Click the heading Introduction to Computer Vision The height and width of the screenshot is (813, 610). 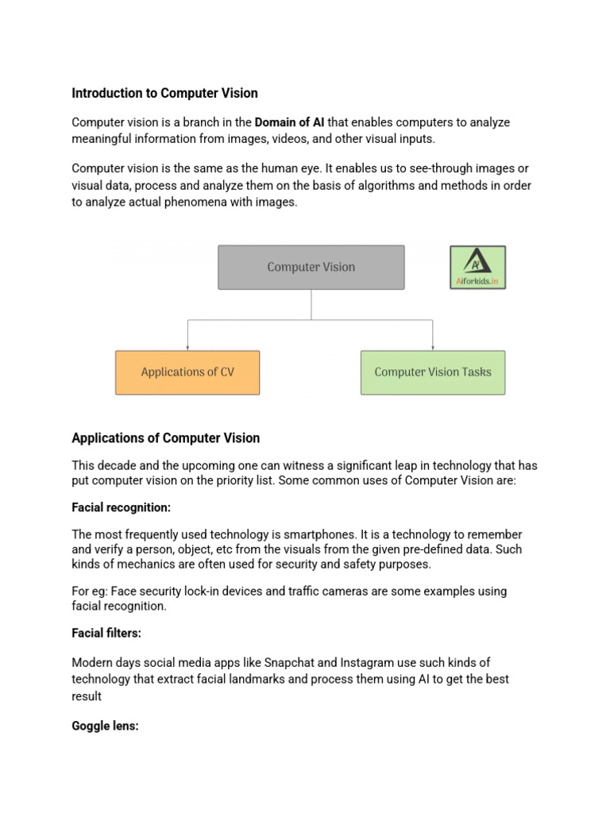[x=164, y=93]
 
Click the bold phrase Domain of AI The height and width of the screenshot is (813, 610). [x=289, y=122]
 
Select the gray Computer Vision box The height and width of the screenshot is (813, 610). [x=311, y=267]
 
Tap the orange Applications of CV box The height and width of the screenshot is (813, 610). [x=187, y=372]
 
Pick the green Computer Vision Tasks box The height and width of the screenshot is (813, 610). [x=432, y=372]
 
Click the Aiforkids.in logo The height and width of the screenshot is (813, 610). [x=477, y=267]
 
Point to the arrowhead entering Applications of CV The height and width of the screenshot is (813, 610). [x=187, y=347]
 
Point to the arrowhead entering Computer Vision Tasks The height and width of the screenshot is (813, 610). [x=432, y=347]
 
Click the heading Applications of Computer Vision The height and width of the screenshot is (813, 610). [x=165, y=438]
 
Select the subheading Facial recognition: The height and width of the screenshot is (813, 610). [x=122, y=507]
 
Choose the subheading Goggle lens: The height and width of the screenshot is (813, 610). [x=105, y=726]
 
